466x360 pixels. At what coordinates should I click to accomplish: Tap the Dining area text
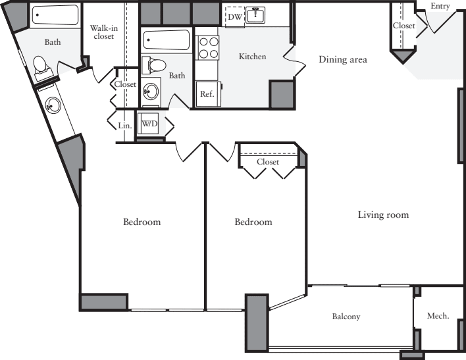[x=342, y=60]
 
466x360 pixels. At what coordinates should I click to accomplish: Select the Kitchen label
[x=252, y=57]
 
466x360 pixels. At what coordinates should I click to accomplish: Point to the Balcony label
[x=346, y=317]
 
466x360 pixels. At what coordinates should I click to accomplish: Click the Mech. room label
[x=438, y=316]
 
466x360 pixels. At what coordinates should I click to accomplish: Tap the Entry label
[x=440, y=6]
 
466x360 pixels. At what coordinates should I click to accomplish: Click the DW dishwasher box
[x=234, y=16]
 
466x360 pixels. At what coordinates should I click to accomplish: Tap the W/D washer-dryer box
[x=150, y=123]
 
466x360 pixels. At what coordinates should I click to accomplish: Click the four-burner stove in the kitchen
[x=209, y=47]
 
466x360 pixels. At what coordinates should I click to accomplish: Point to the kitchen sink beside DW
[x=255, y=16]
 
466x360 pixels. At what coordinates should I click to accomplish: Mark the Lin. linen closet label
[x=124, y=124]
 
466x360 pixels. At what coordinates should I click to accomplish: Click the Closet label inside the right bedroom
[x=268, y=162]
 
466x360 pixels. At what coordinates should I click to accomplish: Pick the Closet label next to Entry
[x=403, y=26]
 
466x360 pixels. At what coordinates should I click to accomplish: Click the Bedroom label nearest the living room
[x=253, y=222]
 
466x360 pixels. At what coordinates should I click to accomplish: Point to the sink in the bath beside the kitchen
[x=151, y=91]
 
